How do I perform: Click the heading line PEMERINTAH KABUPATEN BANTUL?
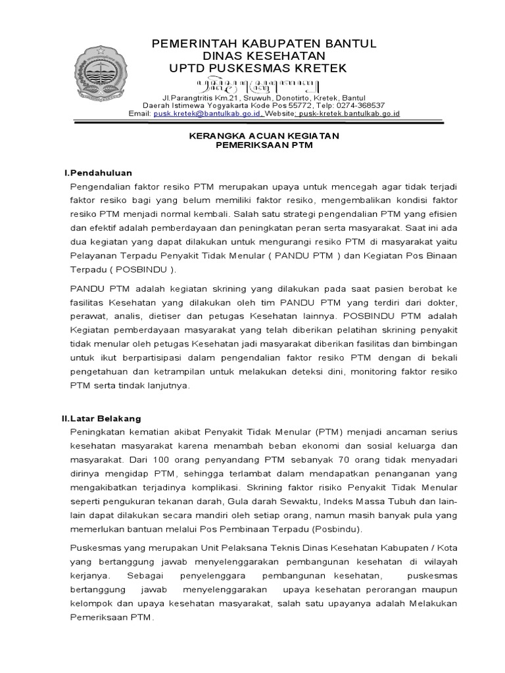click(x=264, y=44)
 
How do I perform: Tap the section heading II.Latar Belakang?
click(x=101, y=417)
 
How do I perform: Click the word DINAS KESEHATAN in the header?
click(x=264, y=57)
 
